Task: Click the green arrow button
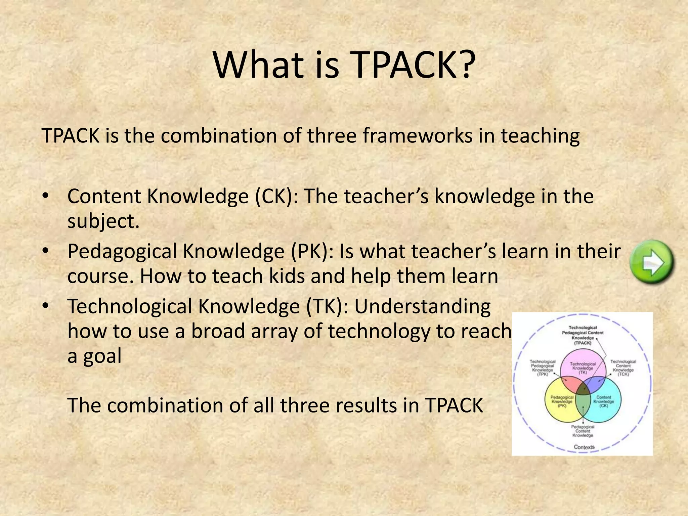[652, 262]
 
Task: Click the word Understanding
[422, 307]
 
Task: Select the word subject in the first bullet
[101, 221]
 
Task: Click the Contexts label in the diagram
[584, 447]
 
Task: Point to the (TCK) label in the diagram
[623, 374]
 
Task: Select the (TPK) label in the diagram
[543, 374]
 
